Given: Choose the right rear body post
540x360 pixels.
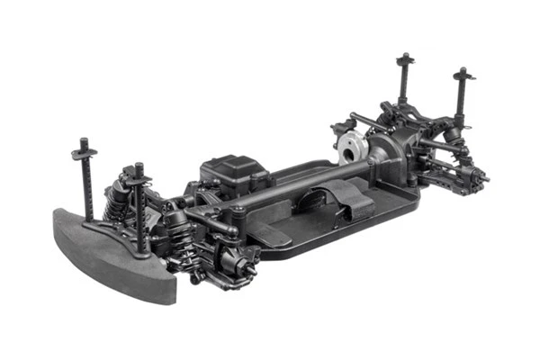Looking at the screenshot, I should (463, 94).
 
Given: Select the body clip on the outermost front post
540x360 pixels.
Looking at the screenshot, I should (85, 153).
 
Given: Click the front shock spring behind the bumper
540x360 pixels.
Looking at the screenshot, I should (117, 202).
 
